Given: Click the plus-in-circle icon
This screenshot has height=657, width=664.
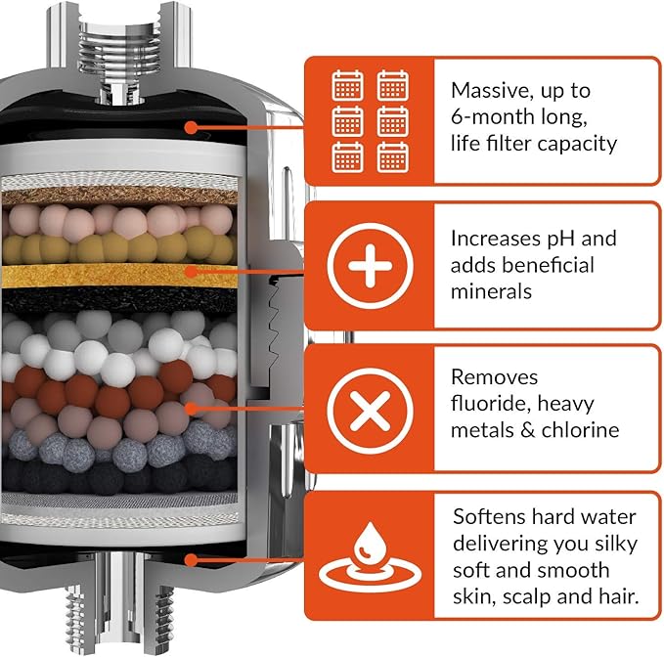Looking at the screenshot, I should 369,266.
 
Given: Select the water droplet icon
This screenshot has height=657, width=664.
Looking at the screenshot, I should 369,553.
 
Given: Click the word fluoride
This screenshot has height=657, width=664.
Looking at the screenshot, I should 492,404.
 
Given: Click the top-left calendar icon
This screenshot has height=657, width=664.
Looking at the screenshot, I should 347,86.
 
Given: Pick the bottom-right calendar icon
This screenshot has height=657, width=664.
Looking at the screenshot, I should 392,156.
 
